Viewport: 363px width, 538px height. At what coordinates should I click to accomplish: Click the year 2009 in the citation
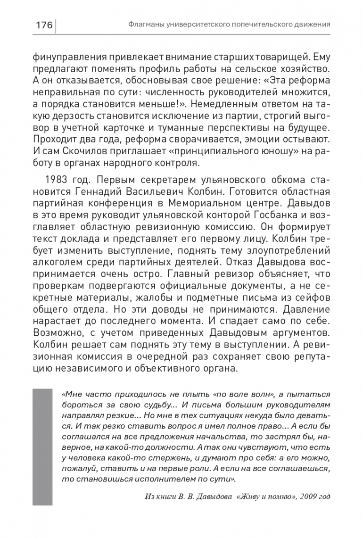pyautogui.click(x=299, y=497)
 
